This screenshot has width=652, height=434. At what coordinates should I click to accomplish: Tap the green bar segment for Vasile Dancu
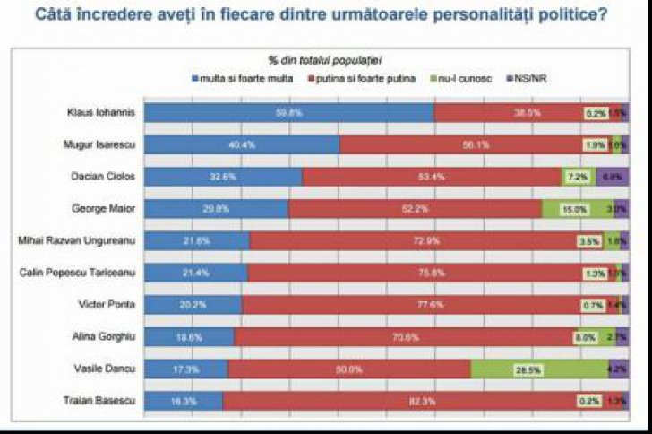tap(539, 369)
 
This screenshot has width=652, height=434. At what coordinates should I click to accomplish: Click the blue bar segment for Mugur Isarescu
tap(242, 144)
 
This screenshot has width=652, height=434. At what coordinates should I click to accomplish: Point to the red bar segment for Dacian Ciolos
tap(431, 177)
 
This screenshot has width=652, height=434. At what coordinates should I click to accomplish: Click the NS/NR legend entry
tap(525, 77)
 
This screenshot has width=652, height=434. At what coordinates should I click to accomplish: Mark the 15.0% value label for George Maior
tap(574, 209)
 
